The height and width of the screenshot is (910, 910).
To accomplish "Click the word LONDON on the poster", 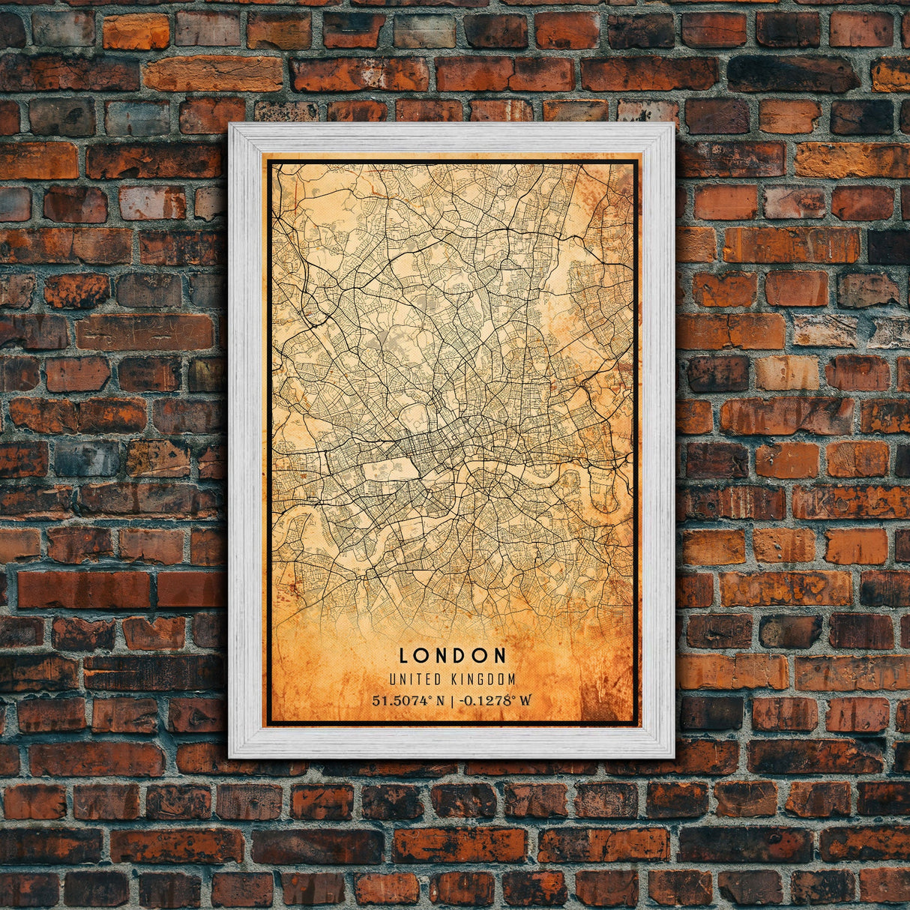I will (453, 655).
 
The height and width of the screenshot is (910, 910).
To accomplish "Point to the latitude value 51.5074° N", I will (408, 701).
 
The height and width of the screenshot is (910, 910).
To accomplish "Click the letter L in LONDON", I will (403, 655).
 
